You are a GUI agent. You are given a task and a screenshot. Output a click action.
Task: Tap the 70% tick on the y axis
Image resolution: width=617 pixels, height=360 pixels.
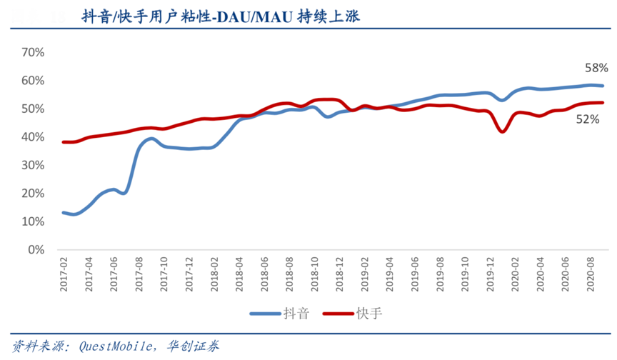(x=34, y=52)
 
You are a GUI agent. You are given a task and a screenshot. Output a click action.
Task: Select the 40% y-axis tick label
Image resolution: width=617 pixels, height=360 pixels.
(x=34, y=137)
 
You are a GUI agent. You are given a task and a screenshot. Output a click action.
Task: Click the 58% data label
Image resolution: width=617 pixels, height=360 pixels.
(x=596, y=69)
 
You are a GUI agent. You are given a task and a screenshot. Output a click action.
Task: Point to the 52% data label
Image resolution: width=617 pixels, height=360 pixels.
(x=587, y=120)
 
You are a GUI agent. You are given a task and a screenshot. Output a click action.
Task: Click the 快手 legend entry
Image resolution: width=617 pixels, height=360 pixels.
(x=353, y=313)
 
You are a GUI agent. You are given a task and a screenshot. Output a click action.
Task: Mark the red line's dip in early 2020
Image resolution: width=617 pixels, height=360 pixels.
(x=503, y=131)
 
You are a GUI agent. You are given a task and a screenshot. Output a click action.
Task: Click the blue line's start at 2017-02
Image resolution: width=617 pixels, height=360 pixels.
(x=64, y=212)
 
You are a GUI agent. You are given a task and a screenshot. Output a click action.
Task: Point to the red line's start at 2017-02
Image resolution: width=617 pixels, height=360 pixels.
(x=64, y=142)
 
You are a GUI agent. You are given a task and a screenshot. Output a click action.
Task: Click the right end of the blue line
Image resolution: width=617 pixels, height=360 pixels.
(x=603, y=86)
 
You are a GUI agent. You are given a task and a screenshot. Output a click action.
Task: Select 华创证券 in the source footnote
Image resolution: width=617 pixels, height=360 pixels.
(x=194, y=346)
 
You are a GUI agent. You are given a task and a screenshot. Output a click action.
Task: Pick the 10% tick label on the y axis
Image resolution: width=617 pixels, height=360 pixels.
(x=34, y=222)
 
